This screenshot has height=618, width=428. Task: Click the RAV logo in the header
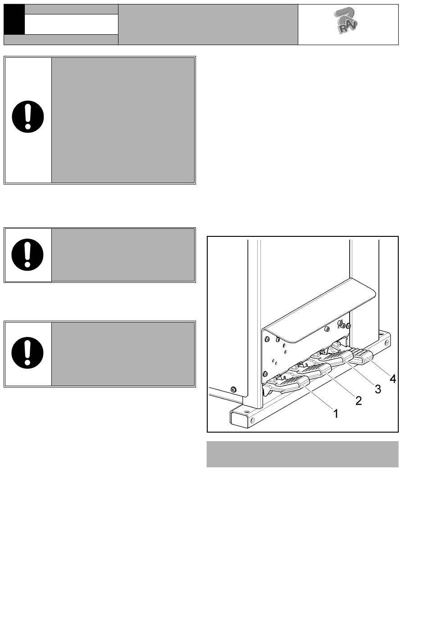click(346, 21)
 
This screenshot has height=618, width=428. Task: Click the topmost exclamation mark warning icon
click(28, 116)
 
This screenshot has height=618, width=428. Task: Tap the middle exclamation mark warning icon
click(27, 254)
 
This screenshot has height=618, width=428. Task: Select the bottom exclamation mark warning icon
click(27, 353)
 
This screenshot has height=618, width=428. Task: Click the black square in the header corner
click(14, 19)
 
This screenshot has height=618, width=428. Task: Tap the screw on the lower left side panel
click(234, 389)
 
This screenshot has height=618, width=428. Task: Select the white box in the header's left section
click(71, 24)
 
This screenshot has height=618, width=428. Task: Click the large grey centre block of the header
click(208, 24)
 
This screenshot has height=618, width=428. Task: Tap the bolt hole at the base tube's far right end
click(387, 343)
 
